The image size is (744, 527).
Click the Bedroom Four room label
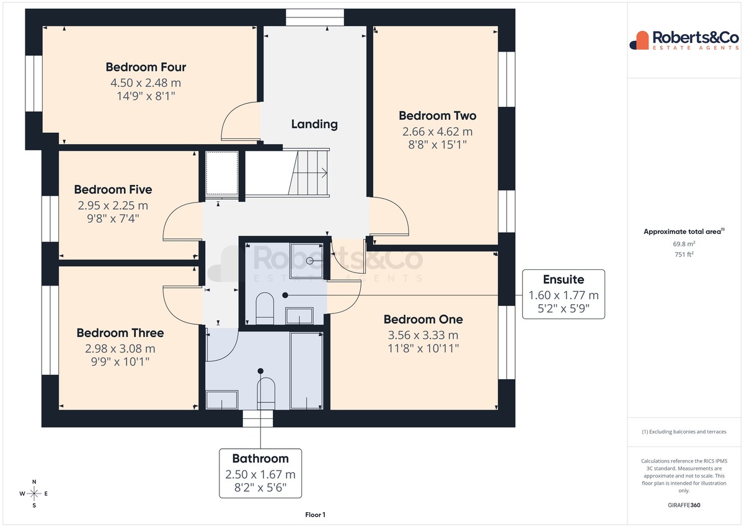pos(146,67)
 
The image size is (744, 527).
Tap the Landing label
pos(314,124)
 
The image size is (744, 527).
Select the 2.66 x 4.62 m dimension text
pos(438,132)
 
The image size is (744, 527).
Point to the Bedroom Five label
pos(113,189)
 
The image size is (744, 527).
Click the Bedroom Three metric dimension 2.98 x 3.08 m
pos(120,348)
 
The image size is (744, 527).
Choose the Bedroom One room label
pos(423,320)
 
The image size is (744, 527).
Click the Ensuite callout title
pos(564,279)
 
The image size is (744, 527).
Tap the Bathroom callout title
pos(260,459)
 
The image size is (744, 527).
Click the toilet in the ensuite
pos(265,309)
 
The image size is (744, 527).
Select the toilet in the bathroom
pos(266,394)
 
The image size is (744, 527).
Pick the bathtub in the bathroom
pos(306,371)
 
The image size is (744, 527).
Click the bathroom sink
pos(222,400)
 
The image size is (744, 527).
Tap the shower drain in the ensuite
pos(309,261)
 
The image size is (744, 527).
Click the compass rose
pos(34,493)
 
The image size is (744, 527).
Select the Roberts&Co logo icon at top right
pos(639,40)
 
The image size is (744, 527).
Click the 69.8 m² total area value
pos(684,244)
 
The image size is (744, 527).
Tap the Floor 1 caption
pos(315,515)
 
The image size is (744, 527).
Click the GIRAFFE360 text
pos(684,505)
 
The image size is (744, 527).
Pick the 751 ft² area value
pos(684,254)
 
